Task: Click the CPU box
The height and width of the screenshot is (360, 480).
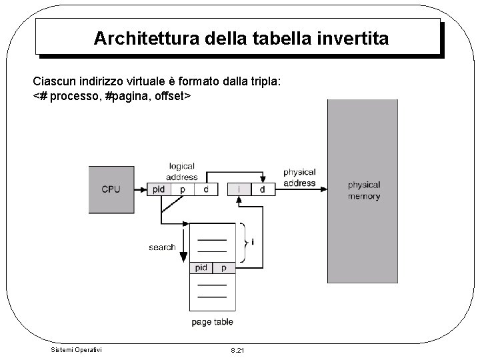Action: tap(111, 189)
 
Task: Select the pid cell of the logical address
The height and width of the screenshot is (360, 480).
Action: tap(159, 189)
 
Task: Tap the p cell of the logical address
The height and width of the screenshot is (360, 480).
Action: tap(183, 189)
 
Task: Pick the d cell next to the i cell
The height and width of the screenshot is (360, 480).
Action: tap(262, 190)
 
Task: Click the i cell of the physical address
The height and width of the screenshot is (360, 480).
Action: tap(239, 190)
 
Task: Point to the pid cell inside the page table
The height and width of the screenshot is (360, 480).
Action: tap(201, 268)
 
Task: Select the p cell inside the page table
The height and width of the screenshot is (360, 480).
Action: tap(224, 268)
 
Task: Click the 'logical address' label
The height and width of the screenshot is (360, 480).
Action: tap(182, 171)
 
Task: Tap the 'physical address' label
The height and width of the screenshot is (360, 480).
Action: tap(299, 177)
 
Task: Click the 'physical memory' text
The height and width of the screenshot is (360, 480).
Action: tap(364, 190)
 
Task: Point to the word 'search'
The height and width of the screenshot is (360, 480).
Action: tap(162, 247)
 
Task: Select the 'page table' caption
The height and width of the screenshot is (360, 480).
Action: tap(212, 322)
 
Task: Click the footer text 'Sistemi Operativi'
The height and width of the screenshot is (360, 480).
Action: tap(77, 349)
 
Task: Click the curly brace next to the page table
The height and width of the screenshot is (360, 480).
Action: tap(247, 241)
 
